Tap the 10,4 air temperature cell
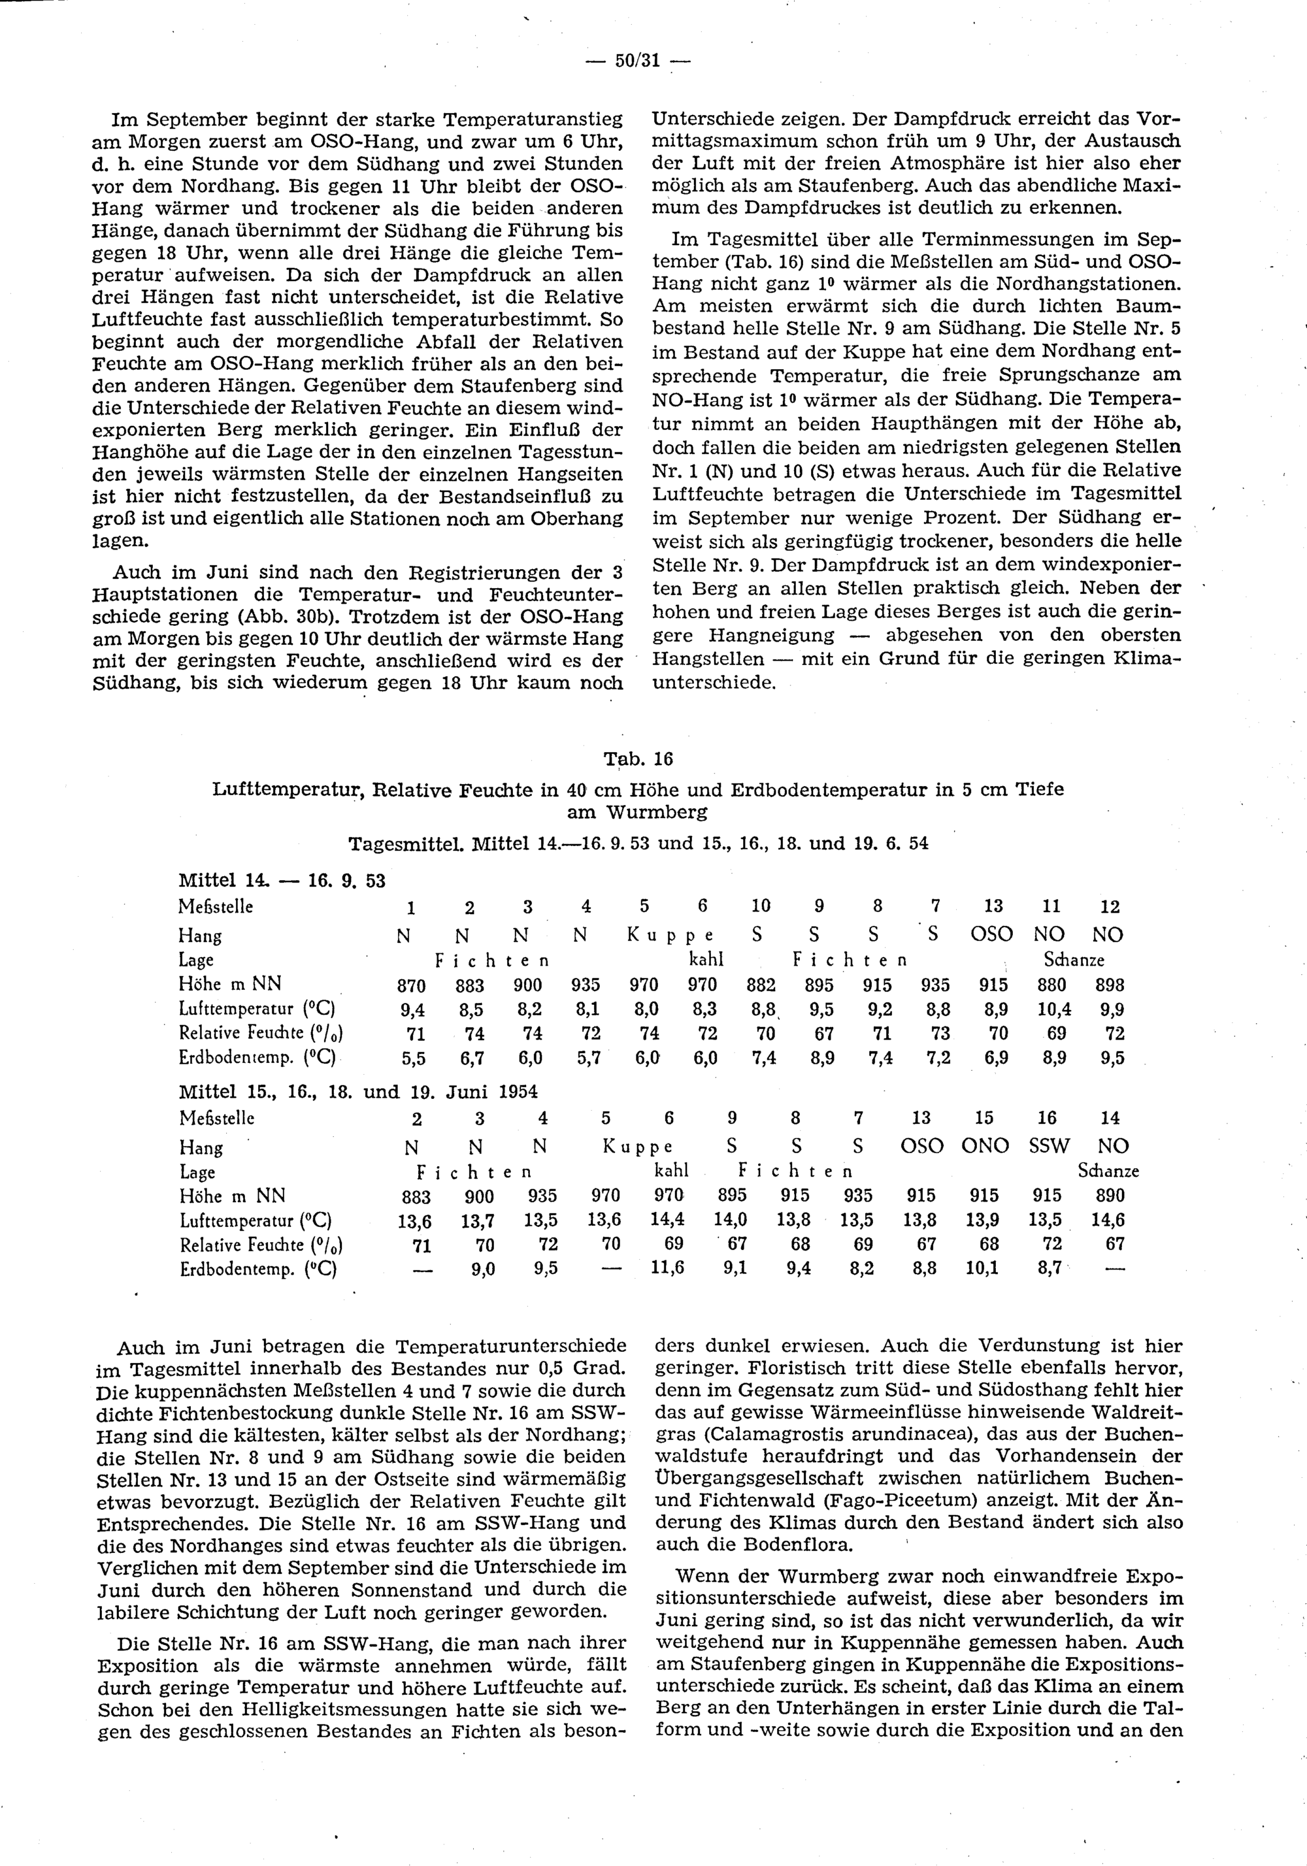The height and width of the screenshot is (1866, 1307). (1055, 1009)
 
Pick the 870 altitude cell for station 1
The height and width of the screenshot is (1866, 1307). (410, 986)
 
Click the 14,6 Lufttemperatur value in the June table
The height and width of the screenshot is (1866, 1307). (1110, 1220)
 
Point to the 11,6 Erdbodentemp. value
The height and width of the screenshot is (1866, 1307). (668, 1268)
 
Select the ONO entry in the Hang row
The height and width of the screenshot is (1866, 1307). (984, 1147)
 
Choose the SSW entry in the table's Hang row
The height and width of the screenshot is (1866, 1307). (1047, 1147)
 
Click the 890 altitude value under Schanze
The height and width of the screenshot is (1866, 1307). (1110, 1196)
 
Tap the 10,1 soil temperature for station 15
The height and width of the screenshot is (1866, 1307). (983, 1268)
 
